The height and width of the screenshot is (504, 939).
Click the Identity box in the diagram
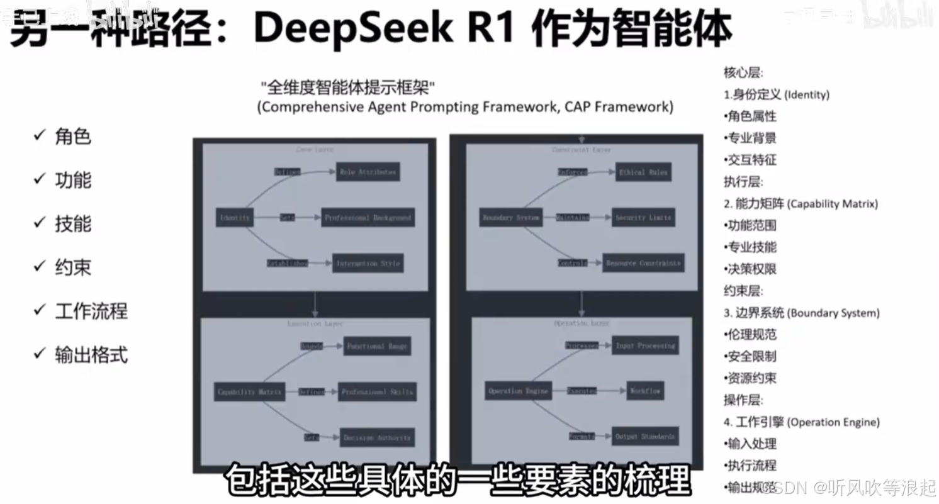coord(234,218)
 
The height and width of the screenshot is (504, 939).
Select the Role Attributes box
coord(368,171)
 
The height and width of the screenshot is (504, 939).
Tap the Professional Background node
coord(368,218)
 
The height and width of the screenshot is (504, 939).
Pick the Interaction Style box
coord(368,263)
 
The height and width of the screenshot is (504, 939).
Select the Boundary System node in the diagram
coord(510,218)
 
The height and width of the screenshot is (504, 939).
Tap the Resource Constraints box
coord(643,263)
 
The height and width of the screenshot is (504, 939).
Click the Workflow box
coord(645,391)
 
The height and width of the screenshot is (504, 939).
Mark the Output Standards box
coord(645,436)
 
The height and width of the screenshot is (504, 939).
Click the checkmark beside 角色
coord(39,136)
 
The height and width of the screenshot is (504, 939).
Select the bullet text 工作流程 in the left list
coord(91,311)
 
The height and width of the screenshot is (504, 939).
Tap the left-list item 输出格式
coord(91,355)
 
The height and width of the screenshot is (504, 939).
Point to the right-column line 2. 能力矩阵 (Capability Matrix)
coord(801,203)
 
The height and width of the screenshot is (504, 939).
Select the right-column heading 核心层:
coord(743,72)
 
